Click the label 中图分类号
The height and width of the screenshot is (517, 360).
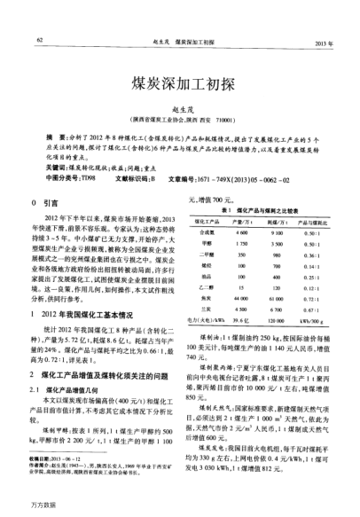[x=60, y=177]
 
